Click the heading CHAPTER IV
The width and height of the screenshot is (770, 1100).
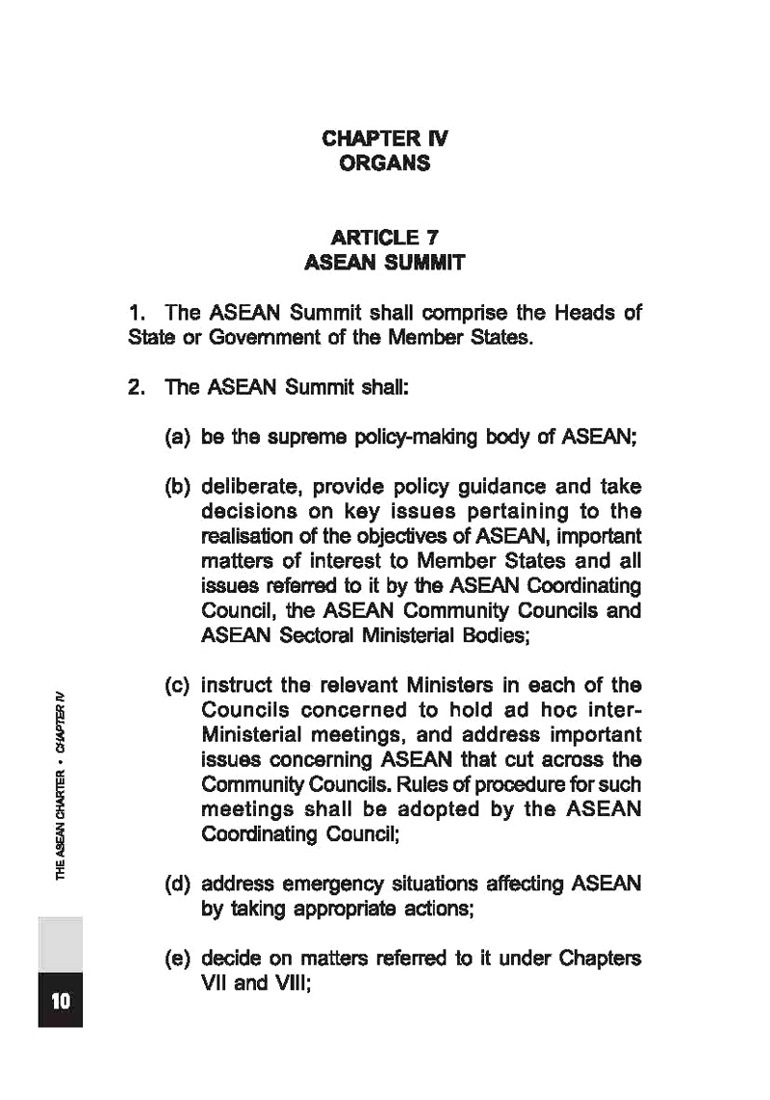pos(384,139)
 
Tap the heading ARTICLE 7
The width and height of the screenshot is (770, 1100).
pos(384,237)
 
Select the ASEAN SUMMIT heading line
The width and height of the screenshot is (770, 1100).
pos(384,262)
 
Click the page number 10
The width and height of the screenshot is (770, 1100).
pos(60,1001)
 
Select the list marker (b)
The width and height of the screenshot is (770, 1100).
pos(179,487)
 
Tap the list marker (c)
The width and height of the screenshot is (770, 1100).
pos(179,685)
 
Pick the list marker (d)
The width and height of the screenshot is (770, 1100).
pos(179,883)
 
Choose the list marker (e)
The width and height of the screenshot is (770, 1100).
pos(179,959)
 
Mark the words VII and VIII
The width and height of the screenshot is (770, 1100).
pos(255,985)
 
